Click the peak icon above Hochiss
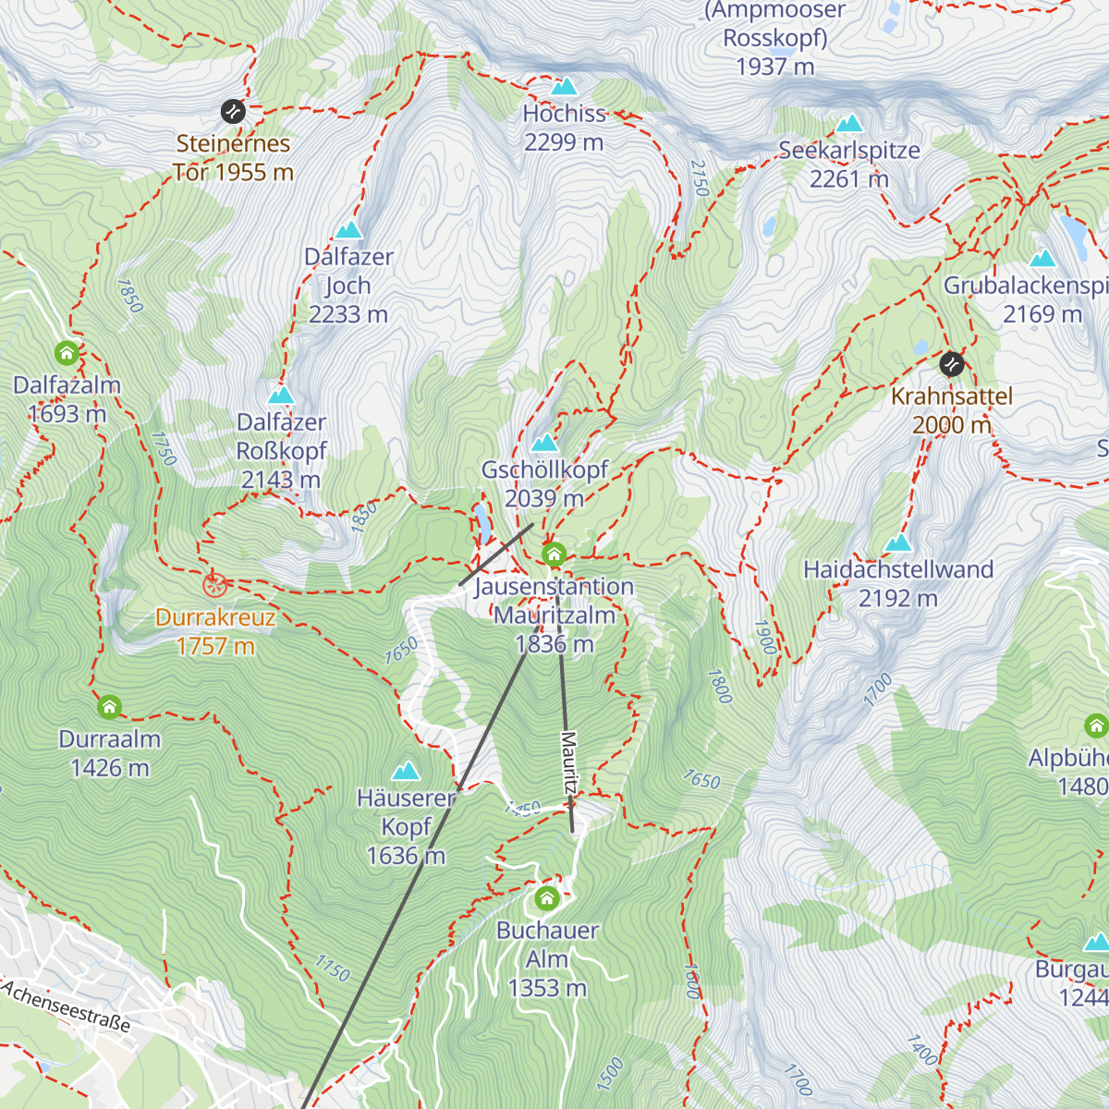point(564,87)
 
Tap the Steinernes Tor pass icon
point(233,112)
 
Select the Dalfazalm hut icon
point(67,353)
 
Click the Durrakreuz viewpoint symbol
point(214,584)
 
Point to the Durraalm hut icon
point(109,708)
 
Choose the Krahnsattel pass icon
point(951,364)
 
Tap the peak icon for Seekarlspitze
point(848,124)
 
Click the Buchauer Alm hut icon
point(547,897)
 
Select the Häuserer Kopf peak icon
point(405,772)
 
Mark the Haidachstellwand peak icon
point(898,542)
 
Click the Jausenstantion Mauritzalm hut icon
point(554,554)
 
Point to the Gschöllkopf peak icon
point(545,443)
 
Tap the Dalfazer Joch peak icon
point(348,230)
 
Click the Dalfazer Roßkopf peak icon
point(281,396)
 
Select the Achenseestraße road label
point(67,1006)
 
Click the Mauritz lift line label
point(568,763)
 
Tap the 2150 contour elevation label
point(699,177)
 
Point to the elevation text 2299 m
point(564,142)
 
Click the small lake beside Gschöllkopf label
point(481,523)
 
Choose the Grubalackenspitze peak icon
point(1042,258)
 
